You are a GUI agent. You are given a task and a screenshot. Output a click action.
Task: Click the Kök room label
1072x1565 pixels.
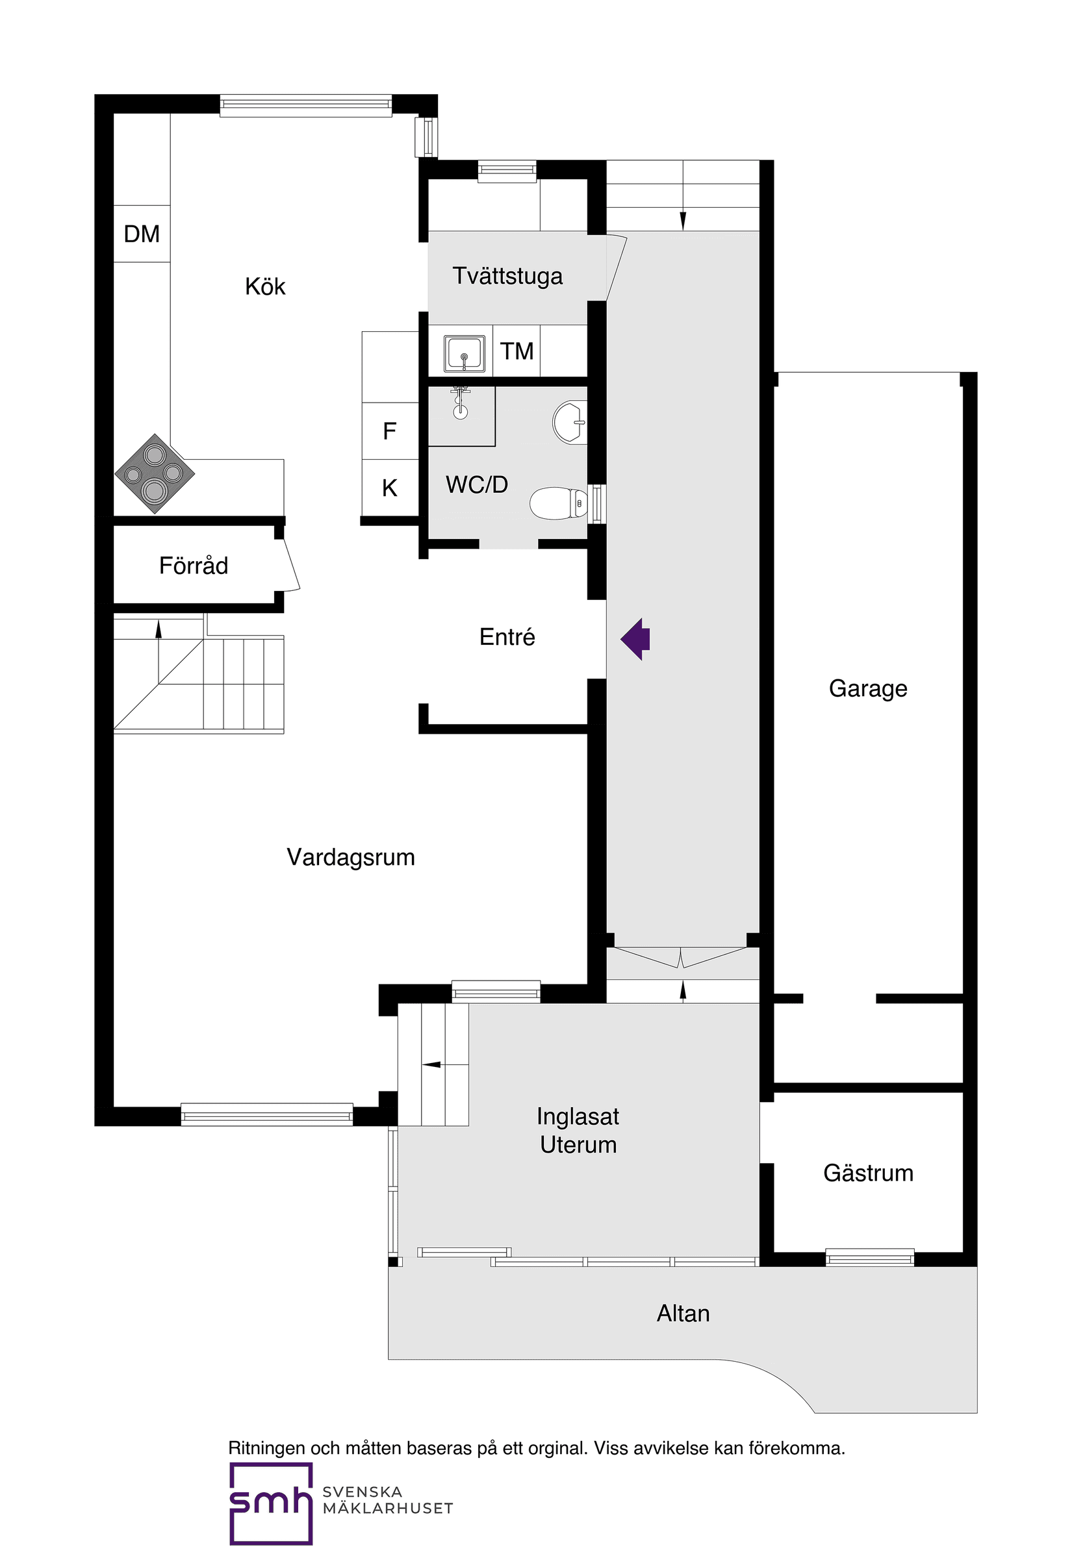tap(265, 287)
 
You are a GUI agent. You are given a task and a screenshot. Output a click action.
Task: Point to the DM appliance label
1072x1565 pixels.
tap(142, 234)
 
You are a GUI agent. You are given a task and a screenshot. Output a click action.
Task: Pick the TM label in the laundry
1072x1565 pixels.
tap(516, 351)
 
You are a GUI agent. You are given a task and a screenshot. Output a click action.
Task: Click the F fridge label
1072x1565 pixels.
tap(389, 431)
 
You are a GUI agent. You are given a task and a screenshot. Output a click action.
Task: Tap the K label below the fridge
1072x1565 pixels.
tap(389, 488)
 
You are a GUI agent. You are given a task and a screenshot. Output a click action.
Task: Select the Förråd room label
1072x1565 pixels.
tap(194, 566)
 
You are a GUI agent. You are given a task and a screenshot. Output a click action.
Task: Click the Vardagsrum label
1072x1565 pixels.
tap(350, 857)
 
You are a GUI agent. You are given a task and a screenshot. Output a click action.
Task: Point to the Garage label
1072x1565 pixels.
tap(868, 688)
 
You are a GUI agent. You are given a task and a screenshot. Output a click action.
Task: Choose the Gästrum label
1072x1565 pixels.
tap(868, 1173)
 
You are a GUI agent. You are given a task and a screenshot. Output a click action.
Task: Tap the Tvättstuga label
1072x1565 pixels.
tap(507, 276)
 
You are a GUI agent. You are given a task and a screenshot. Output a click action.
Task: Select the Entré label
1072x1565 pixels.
tap(507, 637)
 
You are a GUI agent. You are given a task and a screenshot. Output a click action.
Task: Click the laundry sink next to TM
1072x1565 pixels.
tap(464, 353)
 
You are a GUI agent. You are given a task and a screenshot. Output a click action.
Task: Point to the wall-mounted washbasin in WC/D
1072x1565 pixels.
tap(570, 422)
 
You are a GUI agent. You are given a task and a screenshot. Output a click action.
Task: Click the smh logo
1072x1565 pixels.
tap(271, 1503)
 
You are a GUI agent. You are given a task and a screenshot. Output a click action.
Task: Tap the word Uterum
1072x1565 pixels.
tap(578, 1145)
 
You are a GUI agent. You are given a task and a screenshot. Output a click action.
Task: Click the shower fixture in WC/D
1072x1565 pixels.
tap(461, 403)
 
